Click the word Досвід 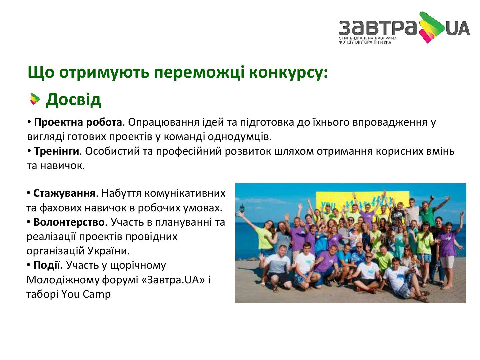pyautogui.click(x=73, y=100)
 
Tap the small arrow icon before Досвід pyautogui.click(x=35, y=99)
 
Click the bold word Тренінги pyautogui.click(x=56, y=151)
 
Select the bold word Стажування pyautogui.click(x=64, y=193)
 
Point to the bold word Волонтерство pyautogui.click(x=69, y=222)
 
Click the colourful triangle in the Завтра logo pyautogui.click(x=432, y=27)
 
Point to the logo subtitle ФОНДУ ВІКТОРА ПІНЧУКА pyautogui.click(x=365, y=42)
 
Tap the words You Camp pyautogui.click(x=86, y=294)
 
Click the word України pyautogui.click(x=109, y=251)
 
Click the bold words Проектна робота pyautogui.click(x=78, y=122)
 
